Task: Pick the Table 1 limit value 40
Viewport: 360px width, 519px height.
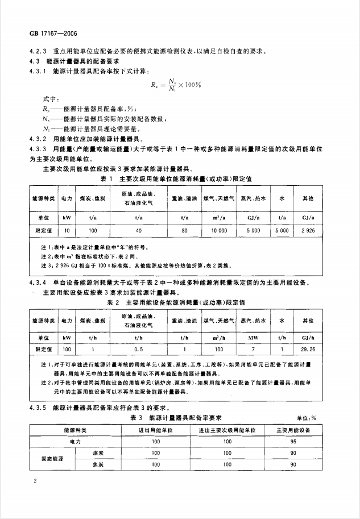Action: [138, 230]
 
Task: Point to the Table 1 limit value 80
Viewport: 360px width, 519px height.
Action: [184, 230]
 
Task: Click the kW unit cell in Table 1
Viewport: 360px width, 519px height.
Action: [67, 217]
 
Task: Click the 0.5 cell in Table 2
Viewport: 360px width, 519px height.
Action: [138, 348]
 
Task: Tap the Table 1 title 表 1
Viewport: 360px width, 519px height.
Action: [107, 178]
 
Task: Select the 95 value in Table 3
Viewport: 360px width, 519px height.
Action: [293, 440]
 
